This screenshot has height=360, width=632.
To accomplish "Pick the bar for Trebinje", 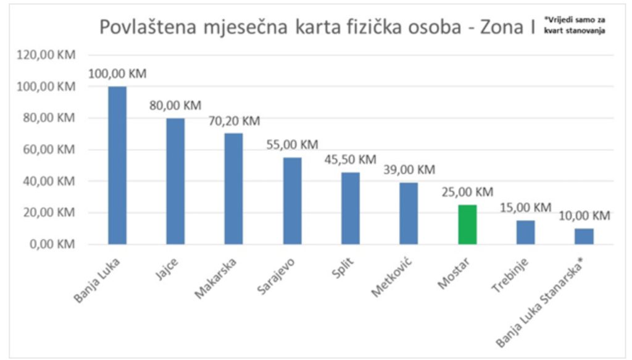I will [526, 232].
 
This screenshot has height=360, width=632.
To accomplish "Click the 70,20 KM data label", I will [234, 121].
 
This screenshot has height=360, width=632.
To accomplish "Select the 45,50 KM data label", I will [350, 160].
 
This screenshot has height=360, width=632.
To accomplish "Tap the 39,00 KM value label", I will [409, 170].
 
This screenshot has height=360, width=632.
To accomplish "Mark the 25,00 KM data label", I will [467, 192].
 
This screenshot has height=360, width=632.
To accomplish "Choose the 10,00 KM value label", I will [584, 216].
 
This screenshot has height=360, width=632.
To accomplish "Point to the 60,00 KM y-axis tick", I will [51, 150].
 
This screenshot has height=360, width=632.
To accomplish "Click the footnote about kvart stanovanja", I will [573, 25].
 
